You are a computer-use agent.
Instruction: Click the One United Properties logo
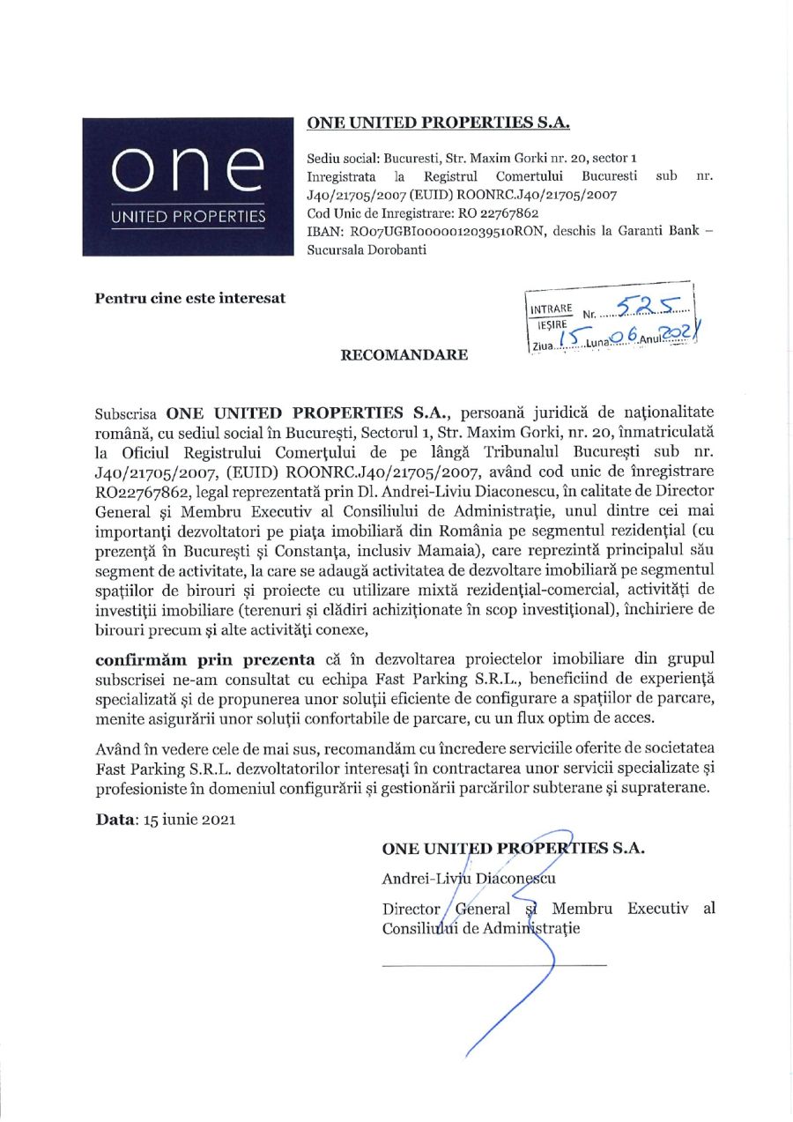[x=186, y=186]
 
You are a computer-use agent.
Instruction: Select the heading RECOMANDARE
[x=391, y=356]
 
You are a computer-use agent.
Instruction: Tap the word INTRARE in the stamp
[x=552, y=310]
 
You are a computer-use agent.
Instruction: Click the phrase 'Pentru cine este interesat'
[x=189, y=297]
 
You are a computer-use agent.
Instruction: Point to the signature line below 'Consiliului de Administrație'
[x=494, y=965]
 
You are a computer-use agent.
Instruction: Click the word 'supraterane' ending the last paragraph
[x=664, y=787]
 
